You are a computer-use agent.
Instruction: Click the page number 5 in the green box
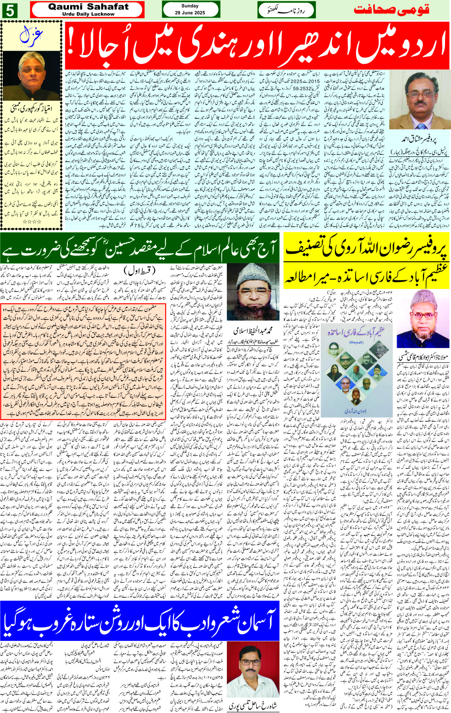10,10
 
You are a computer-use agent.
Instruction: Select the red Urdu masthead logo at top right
391,10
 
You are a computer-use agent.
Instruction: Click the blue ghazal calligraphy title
31,36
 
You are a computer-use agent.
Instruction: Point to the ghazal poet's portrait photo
31,75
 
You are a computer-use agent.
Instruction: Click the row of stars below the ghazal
32,222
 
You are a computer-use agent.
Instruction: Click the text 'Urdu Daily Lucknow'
88,14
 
